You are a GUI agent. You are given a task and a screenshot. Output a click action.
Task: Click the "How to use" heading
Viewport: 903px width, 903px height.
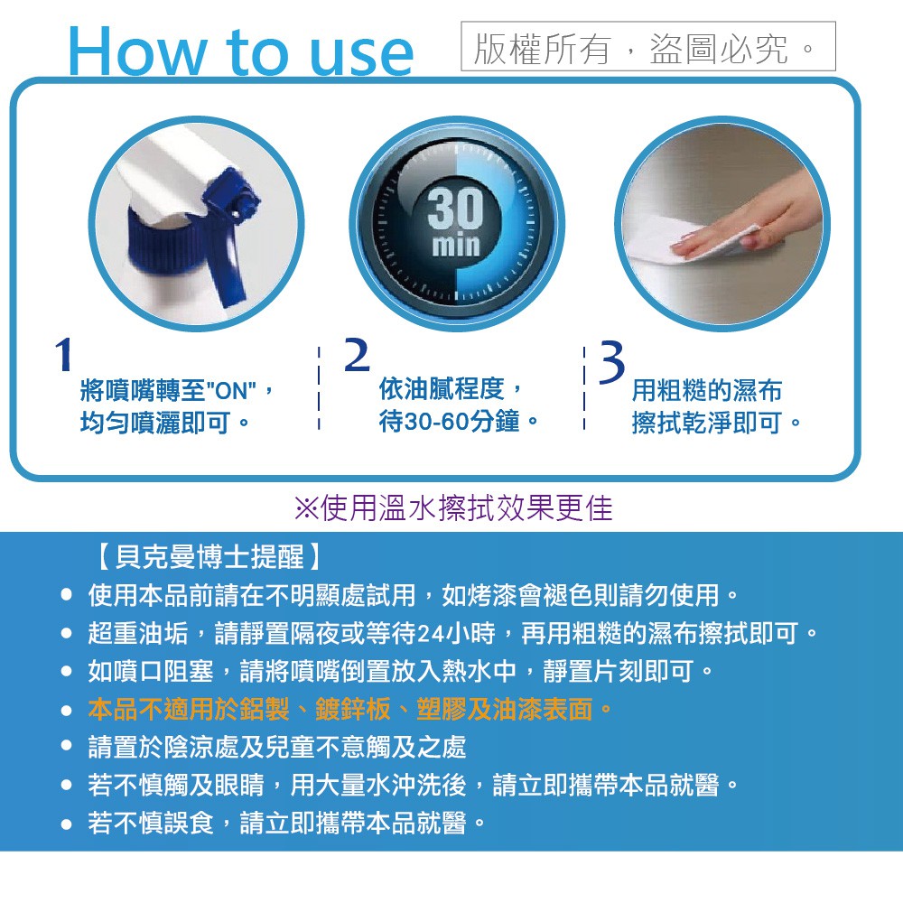(241, 51)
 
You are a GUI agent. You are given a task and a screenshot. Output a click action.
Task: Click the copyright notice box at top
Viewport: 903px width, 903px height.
(647, 46)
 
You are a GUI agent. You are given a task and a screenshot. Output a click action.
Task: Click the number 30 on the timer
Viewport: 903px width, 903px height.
(455, 209)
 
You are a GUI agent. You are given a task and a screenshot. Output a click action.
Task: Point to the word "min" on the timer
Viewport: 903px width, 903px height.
(455, 245)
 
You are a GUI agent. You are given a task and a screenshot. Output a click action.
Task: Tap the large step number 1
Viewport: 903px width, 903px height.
(63, 354)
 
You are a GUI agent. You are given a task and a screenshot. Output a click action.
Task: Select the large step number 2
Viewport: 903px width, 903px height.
(357, 355)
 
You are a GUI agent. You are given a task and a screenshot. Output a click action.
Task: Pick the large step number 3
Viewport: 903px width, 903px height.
(611, 361)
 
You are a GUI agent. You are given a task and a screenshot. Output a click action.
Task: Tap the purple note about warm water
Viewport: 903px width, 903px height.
(453, 507)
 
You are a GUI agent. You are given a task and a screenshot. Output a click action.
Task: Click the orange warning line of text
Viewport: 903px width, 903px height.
(350, 709)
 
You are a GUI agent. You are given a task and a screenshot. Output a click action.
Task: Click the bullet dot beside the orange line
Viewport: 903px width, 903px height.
(67, 710)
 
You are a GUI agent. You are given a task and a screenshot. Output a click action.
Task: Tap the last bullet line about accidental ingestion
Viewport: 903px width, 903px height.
(287, 823)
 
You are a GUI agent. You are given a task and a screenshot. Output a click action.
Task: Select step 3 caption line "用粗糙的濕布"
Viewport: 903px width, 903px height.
(707, 390)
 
